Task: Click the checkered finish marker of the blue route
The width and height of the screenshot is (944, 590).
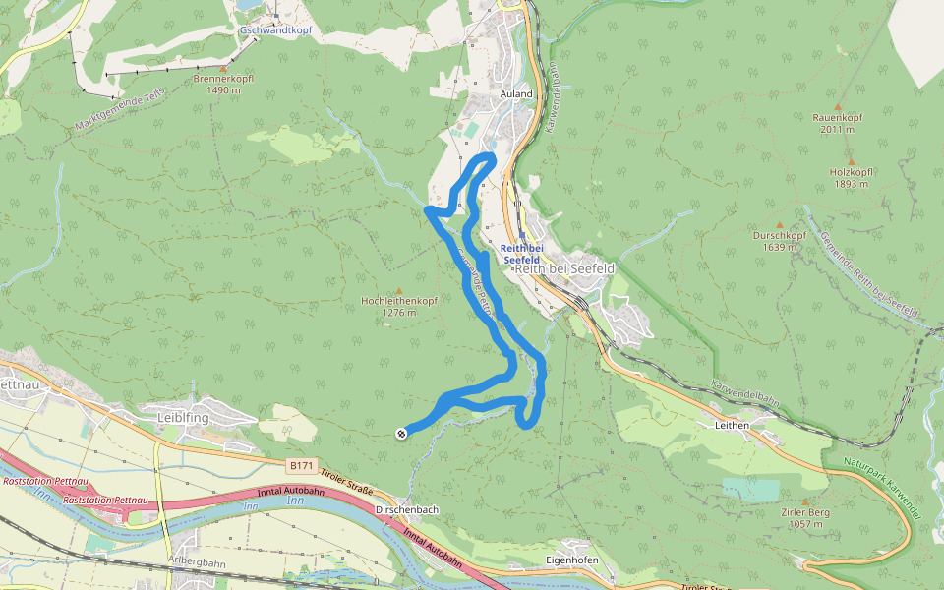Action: pyautogui.click(x=401, y=433)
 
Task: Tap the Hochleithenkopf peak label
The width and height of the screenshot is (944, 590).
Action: pyautogui.click(x=398, y=300)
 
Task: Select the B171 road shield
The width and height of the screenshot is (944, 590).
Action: pyautogui.click(x=302, y=463)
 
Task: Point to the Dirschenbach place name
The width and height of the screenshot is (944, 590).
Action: pyautogui.click(x=407, y=510)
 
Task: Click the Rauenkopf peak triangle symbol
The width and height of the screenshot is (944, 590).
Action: pyautogui.click(x=838, y=106)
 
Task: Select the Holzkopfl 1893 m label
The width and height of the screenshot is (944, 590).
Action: pyautogui.click(x=851, y=177)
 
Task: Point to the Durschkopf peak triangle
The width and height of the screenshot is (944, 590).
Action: pyautogui.click(x=779, y=224)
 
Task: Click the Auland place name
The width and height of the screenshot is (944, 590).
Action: pyautogui.click(x=516, y=94)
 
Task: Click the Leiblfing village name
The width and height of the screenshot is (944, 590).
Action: pyautogui.click(x=185, y=417)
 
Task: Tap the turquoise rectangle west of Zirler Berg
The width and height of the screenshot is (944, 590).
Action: pyautogui.click(x=750, y=489)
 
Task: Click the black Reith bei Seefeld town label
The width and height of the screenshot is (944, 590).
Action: pyautogui.click(x=565, y=268)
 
